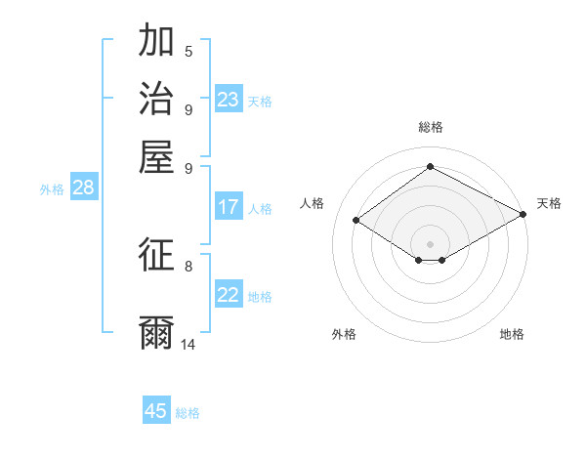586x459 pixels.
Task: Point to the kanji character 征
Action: coord(156,256)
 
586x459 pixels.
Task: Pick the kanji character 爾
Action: coord(156,332)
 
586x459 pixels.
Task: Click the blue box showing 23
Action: coord(229,100)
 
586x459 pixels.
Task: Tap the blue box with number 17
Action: coord(229,207)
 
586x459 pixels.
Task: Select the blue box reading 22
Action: coord(229,296)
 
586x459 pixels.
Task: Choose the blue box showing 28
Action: coord(83,188)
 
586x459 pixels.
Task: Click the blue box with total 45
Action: coord(156,411)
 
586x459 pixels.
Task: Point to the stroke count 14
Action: coord(188,345)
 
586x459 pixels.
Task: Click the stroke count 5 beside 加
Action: coord(188,51)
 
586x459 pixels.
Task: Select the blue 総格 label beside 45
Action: coord(188,413)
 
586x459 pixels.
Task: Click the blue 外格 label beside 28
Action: coord(52,190)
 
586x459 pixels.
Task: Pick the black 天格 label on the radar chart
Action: coord(549,203)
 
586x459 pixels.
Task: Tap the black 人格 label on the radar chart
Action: coord(313,203)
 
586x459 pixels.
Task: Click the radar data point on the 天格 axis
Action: coord(523,215)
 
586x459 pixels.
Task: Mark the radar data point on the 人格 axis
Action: coord(356,221)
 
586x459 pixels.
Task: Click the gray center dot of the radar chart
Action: coord(430,243)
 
